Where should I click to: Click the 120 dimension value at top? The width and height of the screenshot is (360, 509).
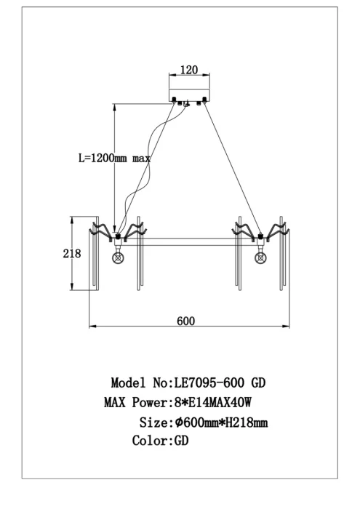click(x=189, y=70)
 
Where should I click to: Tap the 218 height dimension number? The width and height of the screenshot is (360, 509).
click(x=72, y=253)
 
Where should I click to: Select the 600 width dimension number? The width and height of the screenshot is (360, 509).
click(x=186, y=321)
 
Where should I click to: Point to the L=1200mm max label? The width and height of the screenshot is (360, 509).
click(x=115, y=158)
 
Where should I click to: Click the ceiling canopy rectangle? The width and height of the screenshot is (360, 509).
click(x=189, y=95)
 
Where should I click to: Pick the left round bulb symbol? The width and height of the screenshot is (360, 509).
click(x=118, y=258)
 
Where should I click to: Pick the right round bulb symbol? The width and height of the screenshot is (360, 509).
click(x=260, y=258)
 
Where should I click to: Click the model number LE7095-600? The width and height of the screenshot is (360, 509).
click(x=209, y=382)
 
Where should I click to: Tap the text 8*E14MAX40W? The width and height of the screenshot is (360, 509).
click(x=213, y=403)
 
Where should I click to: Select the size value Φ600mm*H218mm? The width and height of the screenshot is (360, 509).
click(x=221, y=422)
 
